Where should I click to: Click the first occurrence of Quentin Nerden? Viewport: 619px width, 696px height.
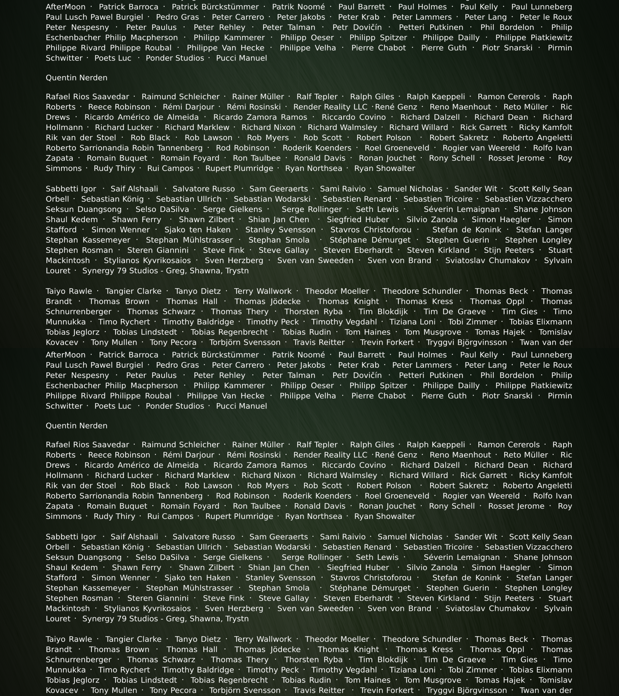[x=76, y=78]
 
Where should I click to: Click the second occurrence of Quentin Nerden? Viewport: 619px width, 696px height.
[x=76, y=426]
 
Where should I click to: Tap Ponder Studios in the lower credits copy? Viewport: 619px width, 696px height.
[x=175, y=406]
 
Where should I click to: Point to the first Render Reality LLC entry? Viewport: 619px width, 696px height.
[x=330, y=107]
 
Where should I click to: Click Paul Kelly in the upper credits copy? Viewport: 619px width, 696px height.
[x=479, y=7]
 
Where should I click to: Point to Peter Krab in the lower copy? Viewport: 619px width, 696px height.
[x=358, y=365]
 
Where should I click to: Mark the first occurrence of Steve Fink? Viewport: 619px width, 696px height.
[x=223, y=250]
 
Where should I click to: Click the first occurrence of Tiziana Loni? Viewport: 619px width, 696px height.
[x=412, y=322]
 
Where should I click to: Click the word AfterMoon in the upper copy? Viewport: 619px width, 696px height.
[x=65, y=7]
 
